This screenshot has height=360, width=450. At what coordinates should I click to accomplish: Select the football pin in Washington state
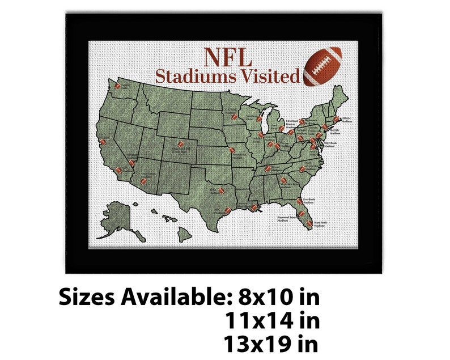click(118, 87)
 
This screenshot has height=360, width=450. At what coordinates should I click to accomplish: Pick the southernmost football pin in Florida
click(309, 223)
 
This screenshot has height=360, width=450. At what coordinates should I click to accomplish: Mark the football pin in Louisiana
click(254, 207)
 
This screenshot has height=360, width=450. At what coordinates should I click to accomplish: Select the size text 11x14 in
click(272, 321)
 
